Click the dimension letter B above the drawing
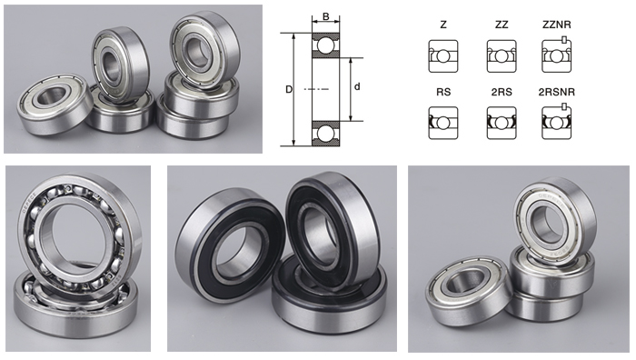325,16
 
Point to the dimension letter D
289,89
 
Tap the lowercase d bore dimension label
357,86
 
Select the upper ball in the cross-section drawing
325,45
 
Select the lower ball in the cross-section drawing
325,133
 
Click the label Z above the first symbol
443,25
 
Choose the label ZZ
502,25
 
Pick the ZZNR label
556,25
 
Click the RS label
443,92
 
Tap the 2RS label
502,92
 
